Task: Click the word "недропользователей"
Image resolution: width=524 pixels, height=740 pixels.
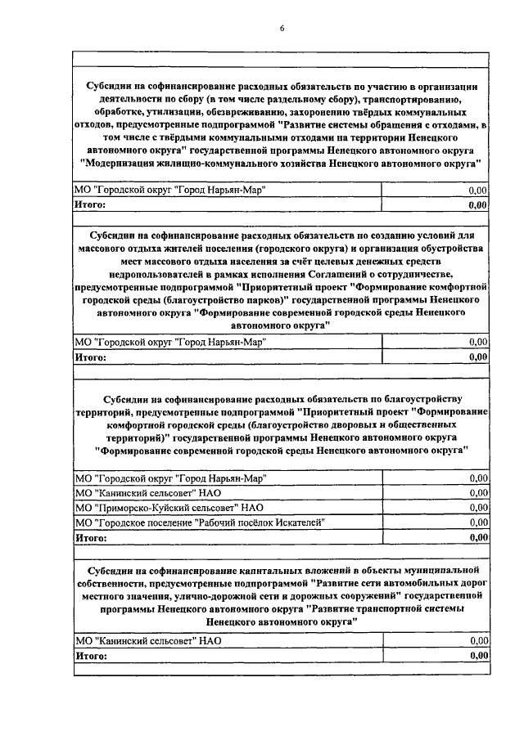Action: tap(160, 274)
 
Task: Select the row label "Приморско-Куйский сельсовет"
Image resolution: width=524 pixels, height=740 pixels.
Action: tap(165, 507)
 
